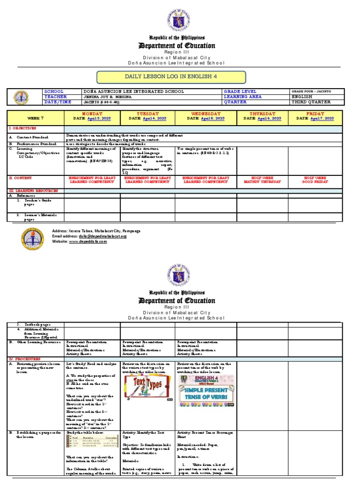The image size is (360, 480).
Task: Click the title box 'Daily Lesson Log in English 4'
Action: [x=171, y=77]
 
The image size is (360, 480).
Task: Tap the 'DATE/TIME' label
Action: [x=57, y=102]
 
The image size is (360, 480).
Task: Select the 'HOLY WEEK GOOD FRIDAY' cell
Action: [x=315, y=180]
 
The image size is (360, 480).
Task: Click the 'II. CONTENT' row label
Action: [x=22, y=178]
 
